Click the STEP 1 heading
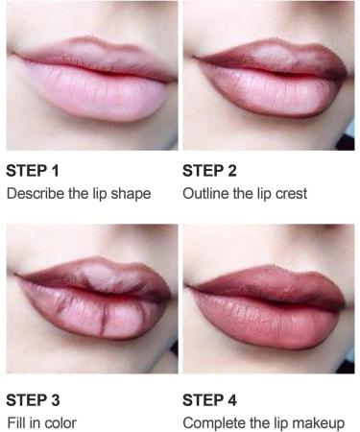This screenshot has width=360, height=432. click(33, 173)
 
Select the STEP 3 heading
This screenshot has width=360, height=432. click(33, 399)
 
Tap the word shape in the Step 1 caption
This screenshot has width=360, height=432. click(131, 194)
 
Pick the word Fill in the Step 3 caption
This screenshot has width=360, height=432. click(17, 421)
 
